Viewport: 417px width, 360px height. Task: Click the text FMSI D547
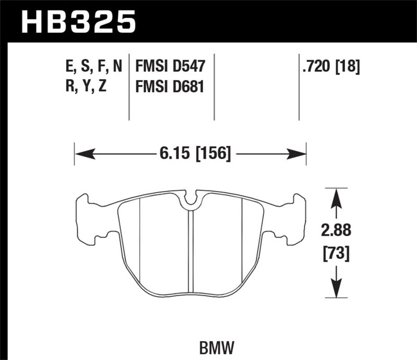pos(170,66)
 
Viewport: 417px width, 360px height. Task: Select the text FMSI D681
pos(170,87)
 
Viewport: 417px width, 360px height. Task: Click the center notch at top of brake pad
pos(191,200)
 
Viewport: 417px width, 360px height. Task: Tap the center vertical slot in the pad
pos(191,250)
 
